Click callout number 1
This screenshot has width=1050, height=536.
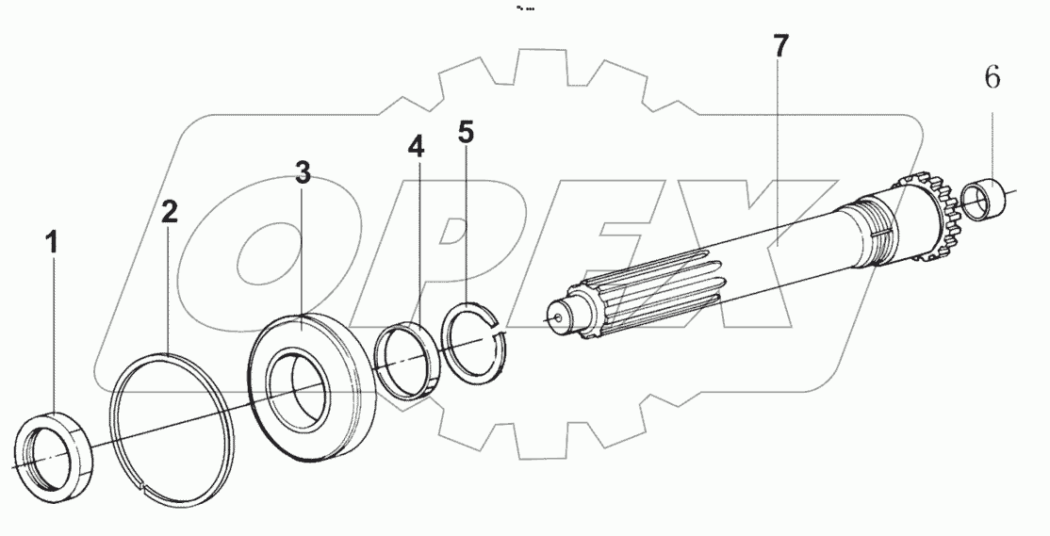[53, 242]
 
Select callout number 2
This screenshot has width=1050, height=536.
[169, 212]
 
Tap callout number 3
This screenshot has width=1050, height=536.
[302, 172]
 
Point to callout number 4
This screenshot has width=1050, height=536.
[416, 147]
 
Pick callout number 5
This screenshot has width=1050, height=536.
[466, 132]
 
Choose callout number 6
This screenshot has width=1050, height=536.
[992, 78]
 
